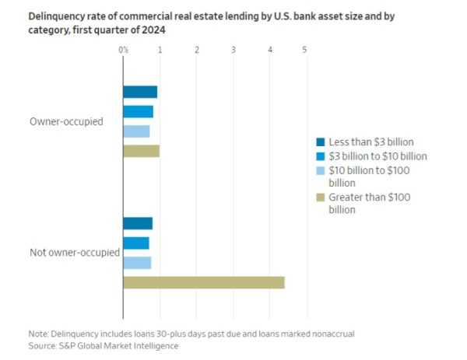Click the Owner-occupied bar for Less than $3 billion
click(140, 92)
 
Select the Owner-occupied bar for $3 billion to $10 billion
click(138, 111)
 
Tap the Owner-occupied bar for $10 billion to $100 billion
click(136, 131)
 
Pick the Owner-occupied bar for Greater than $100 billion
click(141, 151)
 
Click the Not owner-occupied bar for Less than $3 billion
click(138, 224)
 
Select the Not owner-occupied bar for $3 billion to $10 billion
click(136, 243)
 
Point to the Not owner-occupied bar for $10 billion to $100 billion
click(137, 263)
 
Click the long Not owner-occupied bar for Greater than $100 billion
click(204, 282)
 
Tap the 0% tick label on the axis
click(124, 50)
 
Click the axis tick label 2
click(197, 50)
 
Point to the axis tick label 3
click(233, 50)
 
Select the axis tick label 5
click(305, 50)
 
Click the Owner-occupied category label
click(66, 121)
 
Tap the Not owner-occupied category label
click(74, 253)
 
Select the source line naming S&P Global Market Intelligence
click(104, 345)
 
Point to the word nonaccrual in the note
click(332, 334)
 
